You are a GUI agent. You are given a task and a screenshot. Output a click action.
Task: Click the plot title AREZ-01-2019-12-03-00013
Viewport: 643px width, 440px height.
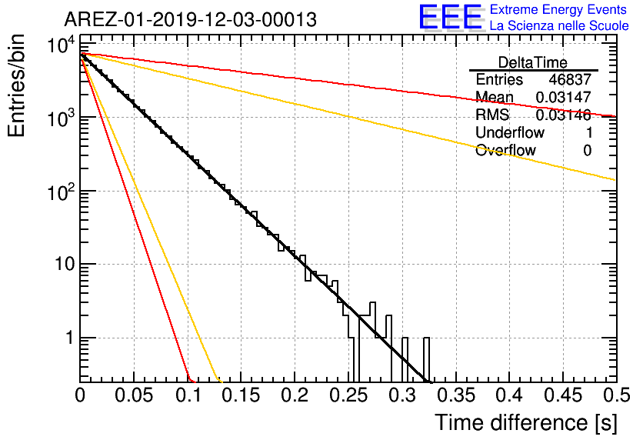pos(190,19)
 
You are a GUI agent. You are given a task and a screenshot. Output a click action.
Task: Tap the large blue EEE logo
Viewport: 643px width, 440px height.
pos(450,17)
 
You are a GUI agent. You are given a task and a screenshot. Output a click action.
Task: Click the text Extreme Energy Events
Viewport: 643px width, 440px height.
pos(558,9)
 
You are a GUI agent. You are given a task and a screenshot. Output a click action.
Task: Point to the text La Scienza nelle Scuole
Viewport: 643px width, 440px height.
pos(559,26)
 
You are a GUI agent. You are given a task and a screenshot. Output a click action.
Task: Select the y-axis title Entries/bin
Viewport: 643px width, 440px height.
pos(16,86)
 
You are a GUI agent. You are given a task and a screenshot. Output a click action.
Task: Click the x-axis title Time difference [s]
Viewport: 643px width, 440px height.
pos(526,423)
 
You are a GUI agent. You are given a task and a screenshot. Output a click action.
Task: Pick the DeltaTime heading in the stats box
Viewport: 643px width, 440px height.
pos(533,62)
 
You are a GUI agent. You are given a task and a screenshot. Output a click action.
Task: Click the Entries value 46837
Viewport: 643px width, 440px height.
pos(570,79)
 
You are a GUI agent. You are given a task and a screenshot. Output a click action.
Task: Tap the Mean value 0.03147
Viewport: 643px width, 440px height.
pos(564,97)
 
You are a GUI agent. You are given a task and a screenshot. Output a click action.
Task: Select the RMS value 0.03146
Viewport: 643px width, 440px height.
pos(564,115)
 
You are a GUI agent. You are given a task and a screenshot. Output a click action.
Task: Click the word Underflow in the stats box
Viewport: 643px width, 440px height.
pos(510,132)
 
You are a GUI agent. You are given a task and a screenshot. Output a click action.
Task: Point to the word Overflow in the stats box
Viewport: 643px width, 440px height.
pos(505,150)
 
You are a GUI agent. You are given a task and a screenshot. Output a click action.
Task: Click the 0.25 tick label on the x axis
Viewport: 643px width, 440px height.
pos(348,395)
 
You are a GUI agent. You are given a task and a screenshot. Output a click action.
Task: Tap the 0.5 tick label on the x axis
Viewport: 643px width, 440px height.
pos(617,395)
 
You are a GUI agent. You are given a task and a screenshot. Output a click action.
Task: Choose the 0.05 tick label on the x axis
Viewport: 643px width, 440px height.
pos(134,395)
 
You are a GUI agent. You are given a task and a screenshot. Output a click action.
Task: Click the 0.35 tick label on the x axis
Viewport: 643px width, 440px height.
pos(456,395)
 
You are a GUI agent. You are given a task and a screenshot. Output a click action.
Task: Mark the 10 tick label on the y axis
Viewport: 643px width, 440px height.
pos(65,264)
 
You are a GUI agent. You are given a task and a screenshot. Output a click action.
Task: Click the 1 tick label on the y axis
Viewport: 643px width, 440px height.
pos(70,338)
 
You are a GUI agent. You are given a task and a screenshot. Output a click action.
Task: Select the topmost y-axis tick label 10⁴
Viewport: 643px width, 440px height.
pos(61,45)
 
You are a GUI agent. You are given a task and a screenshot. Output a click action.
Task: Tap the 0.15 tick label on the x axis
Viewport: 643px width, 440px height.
pos(242,395)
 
